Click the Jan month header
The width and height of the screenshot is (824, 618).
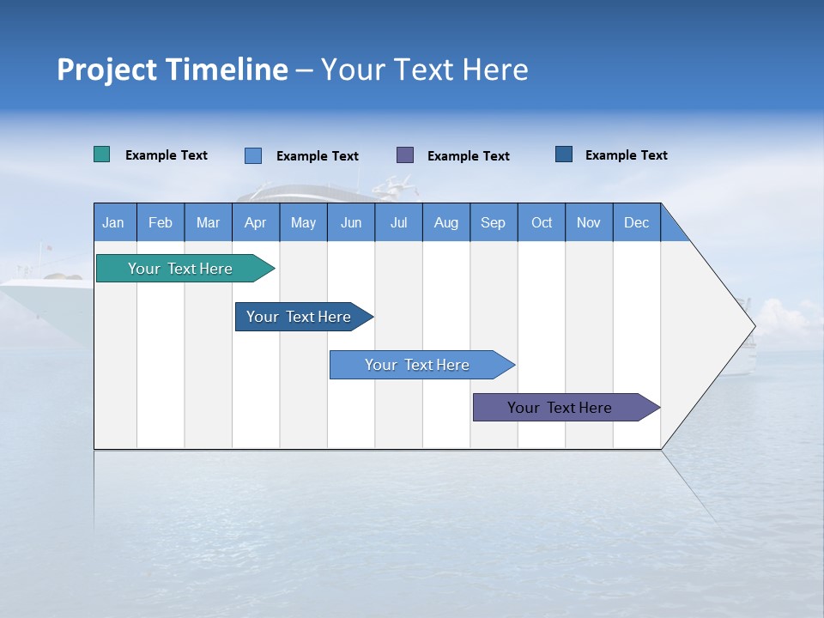coord(114,222)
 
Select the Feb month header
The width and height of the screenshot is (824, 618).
coord(161,222)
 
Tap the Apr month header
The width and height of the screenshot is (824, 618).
coord(256,222)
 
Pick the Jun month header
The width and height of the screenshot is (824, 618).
coord(351,222)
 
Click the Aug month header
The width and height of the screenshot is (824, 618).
coord(446,222)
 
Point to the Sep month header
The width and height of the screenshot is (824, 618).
coord(494,222)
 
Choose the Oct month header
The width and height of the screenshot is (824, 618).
coord(542,222)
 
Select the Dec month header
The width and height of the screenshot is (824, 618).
coord(637,222)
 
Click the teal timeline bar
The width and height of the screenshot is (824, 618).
coord(180,269)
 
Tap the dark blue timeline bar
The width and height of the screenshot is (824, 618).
coord(299,317)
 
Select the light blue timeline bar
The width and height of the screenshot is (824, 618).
coord(417,365)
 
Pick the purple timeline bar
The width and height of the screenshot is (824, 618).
coord(560,408)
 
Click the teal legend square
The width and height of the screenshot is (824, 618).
coord(102,154)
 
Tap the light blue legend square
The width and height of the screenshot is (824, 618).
coord(253,155)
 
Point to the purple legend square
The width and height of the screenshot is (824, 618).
coord(405,154)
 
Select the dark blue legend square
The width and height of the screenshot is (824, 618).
coord(564,154)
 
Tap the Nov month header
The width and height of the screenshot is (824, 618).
coord(589,222)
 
